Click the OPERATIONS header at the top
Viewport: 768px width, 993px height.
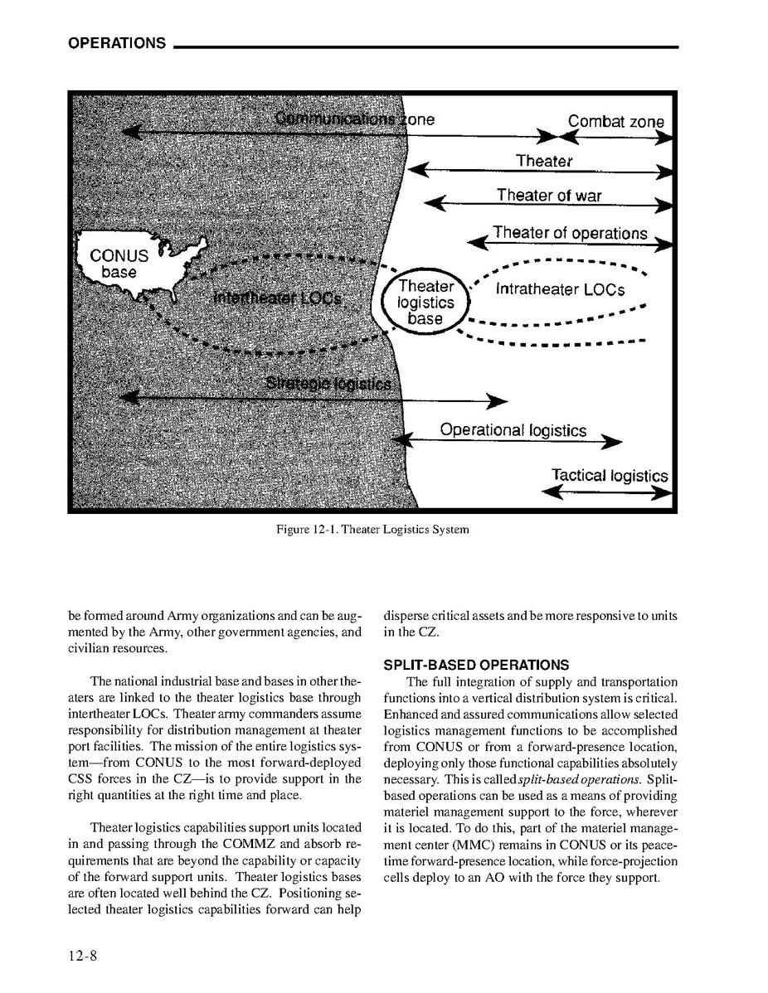click(117, 43)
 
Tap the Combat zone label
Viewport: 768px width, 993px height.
click(615, 121)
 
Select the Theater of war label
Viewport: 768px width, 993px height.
click(549, 196)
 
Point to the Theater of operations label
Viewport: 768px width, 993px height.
click(569, 233)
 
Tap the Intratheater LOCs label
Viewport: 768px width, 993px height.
click(560, 290)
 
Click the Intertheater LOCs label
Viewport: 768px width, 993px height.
click(278, 297)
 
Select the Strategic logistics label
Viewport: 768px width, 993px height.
click(328, 384)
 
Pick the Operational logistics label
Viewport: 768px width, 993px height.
click(513, 430)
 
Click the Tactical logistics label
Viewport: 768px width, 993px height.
click(609, 476)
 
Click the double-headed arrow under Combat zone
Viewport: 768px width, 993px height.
click(615, 138)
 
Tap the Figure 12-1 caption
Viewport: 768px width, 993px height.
click(372, 530)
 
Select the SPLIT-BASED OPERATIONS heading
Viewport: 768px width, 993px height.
click(476, 665)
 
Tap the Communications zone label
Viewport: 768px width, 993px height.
click(355, 119)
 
